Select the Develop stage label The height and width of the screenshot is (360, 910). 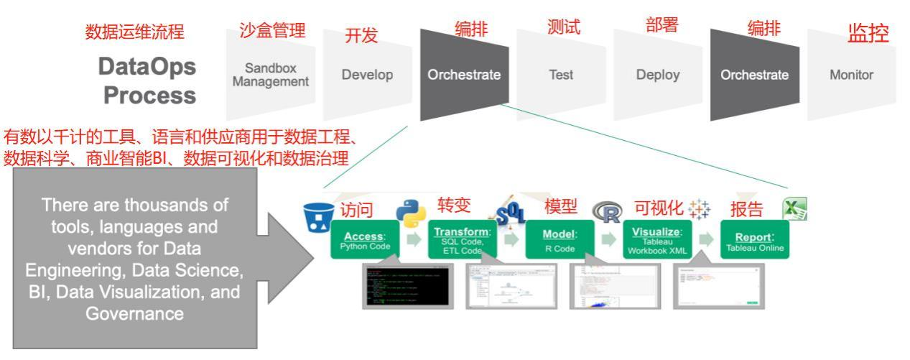(367, 75)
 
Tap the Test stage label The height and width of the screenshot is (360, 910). (561, 75)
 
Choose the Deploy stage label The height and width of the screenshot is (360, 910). (657, 75)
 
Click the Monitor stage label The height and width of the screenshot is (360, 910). (851, 75)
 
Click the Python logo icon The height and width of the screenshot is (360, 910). (410, 213)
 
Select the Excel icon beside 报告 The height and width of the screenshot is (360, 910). (795, 209)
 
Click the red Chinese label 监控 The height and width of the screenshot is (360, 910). (868, 33)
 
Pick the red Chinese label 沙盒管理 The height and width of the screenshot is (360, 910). (272, 30)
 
